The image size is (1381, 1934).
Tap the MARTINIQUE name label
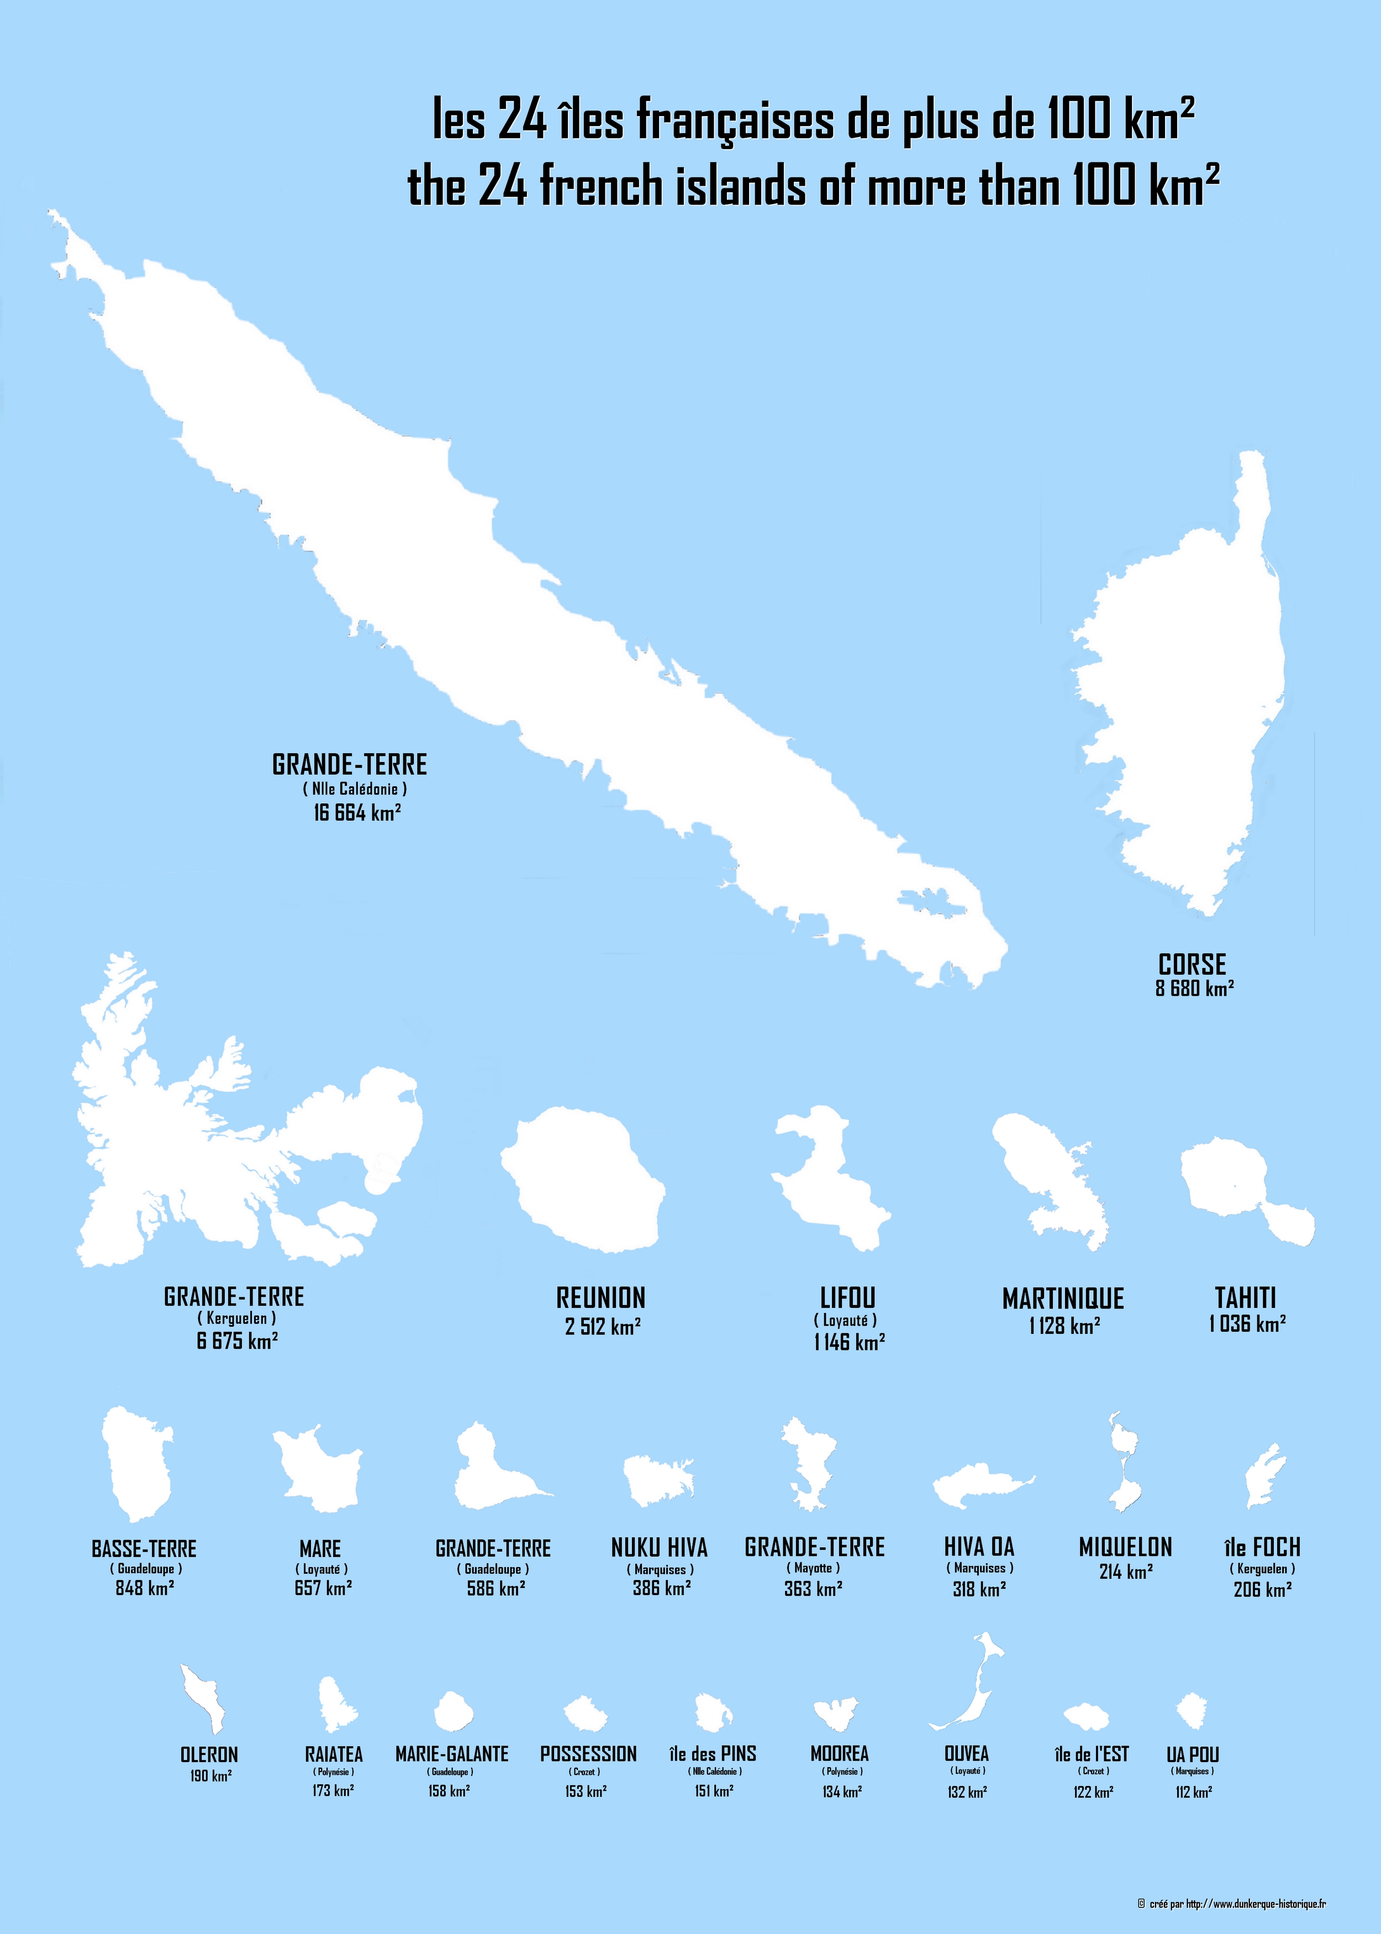pyautogui.click(x=1063, y=1299)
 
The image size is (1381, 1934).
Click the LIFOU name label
pyautogui.click(x=847, y=1298)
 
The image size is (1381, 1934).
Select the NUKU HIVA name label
pyautogui.click(x=659, y=1548)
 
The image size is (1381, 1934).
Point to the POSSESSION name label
pyautogui.click(x=588, y=1754)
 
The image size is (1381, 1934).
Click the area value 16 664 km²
pyautogui.click(x=357, y=813)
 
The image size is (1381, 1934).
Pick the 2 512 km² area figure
pyautogui.click(x=602, y=1327)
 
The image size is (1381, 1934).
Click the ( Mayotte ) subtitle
pyautogui.click(x=813, y=1568)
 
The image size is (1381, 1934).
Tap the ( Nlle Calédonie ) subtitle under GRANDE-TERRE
pyautogui.click(x=355, y=789)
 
